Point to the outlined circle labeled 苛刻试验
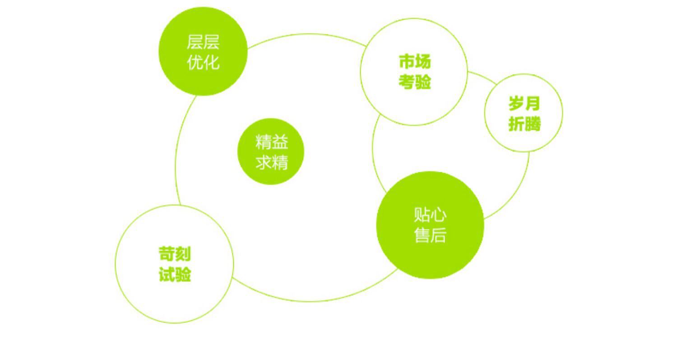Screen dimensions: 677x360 [174, 298]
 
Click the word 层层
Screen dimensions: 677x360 [203, 42]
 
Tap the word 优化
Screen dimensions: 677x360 [203, 62]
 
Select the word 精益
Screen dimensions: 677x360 [272, 142]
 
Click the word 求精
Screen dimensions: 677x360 [272, 162]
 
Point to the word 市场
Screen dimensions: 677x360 [415, 61]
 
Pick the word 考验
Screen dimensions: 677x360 [415, 82]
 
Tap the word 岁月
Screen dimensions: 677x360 [524, 103]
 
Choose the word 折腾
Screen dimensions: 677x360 [524, 124]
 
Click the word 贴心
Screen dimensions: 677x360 [430, 215]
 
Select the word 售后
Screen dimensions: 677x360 [430, 235]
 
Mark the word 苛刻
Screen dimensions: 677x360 [175, 254]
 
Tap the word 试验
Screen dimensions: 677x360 [175, 274]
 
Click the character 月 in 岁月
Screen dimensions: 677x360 [533, 103]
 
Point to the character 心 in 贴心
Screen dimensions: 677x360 [438, 215]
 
